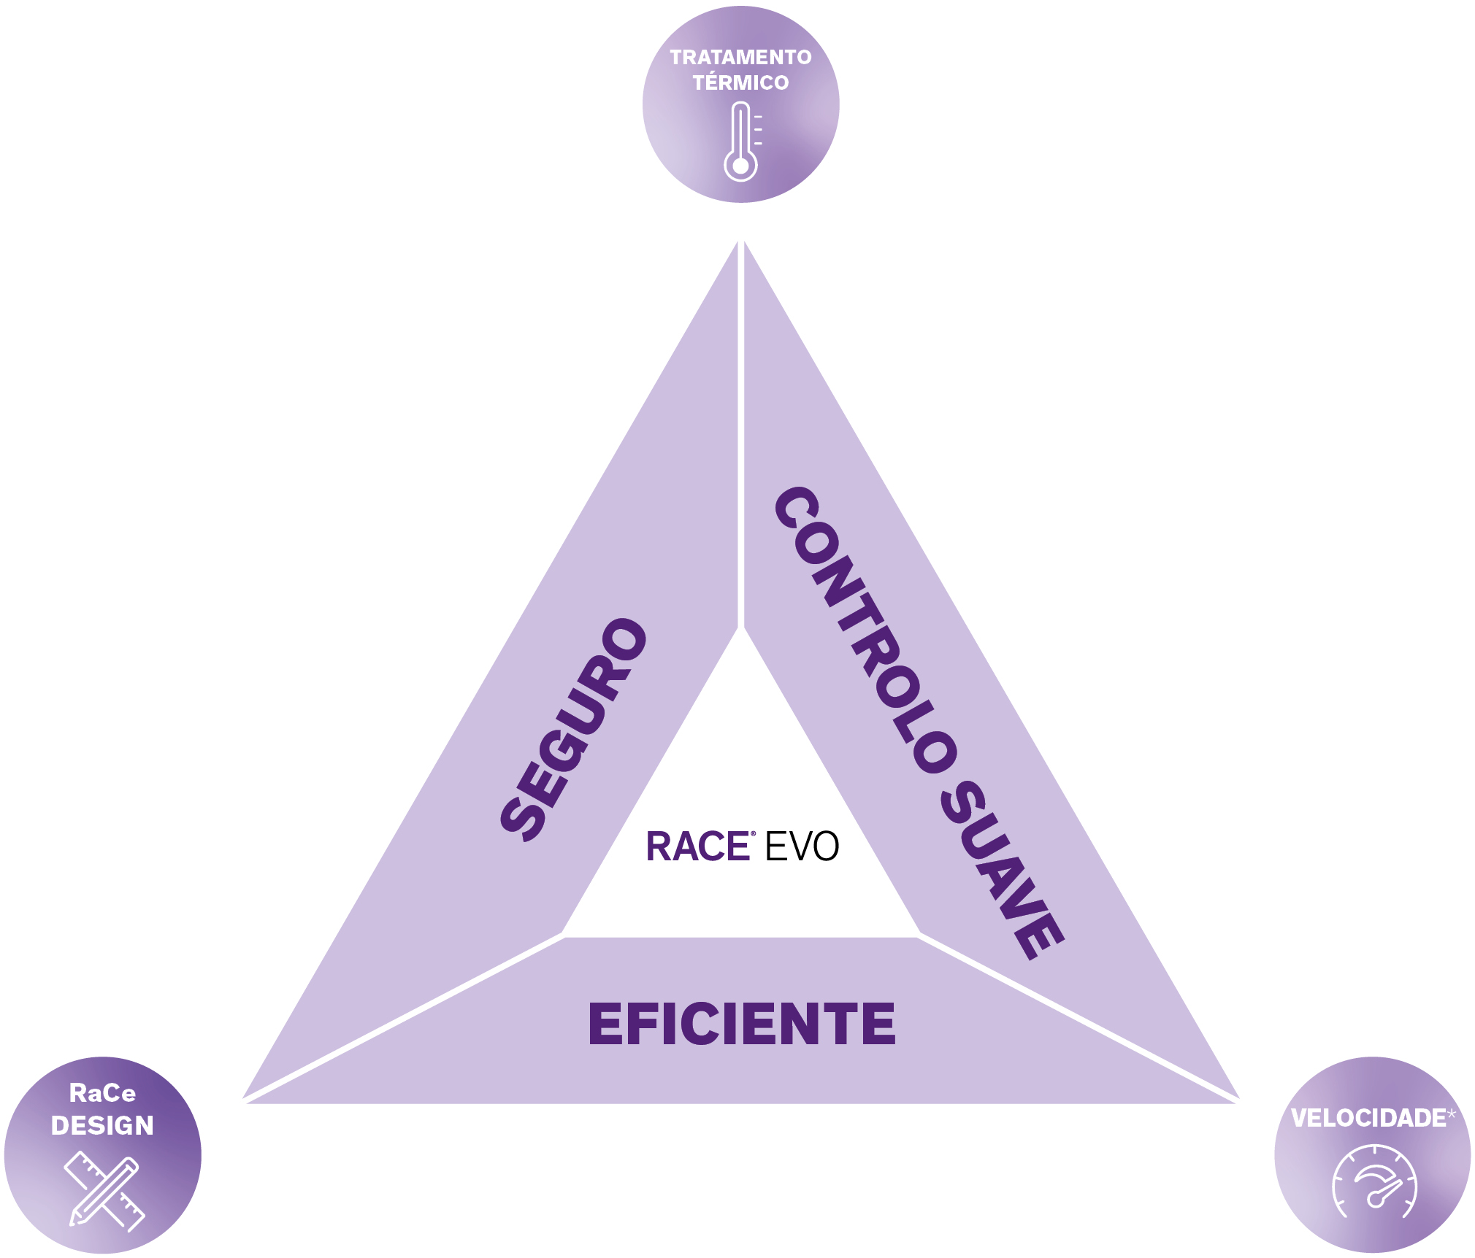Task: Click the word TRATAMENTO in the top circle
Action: point(740,57)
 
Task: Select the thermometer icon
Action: point(742,142)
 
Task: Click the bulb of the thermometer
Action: point(740,166)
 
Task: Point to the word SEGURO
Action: point(574,729)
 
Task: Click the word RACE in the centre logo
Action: point(697,846)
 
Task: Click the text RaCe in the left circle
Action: point(102,1093)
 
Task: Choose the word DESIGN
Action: point(102,1126)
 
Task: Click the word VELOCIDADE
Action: point(1368,1118)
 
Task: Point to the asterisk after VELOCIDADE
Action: point(1451,1113)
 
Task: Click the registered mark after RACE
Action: point(753,833)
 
